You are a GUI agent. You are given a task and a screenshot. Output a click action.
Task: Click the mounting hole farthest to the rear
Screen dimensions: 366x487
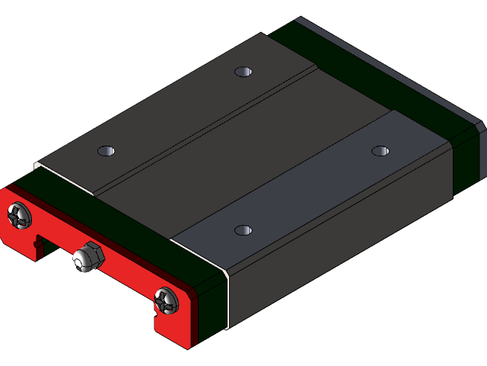(x=243, y=72)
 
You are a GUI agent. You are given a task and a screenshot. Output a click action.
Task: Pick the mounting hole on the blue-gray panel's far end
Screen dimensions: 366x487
(x=380, y=150)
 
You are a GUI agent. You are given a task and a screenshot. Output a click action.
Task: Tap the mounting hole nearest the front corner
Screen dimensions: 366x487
(x=243, y=230)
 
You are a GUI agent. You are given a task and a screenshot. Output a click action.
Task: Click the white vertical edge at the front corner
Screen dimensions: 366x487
(x=228, y=301)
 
